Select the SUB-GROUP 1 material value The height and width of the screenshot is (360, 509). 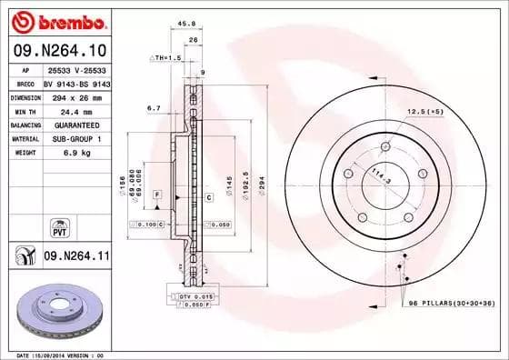(x=72, y=138)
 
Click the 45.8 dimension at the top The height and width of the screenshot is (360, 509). (x=188, y=25)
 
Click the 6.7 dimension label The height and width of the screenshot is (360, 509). (x=153, y=107)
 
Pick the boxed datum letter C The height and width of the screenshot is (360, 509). (x=209, y=196)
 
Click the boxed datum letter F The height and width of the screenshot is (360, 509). (x=157, y=195)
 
